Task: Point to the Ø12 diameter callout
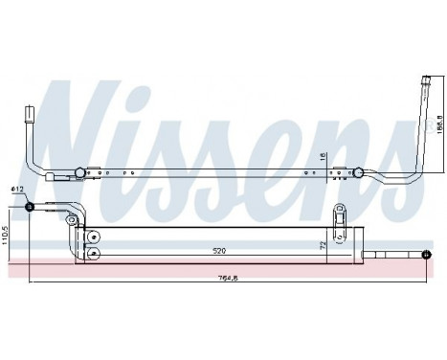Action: [17, 191]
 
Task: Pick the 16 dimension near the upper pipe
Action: [323, 156]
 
